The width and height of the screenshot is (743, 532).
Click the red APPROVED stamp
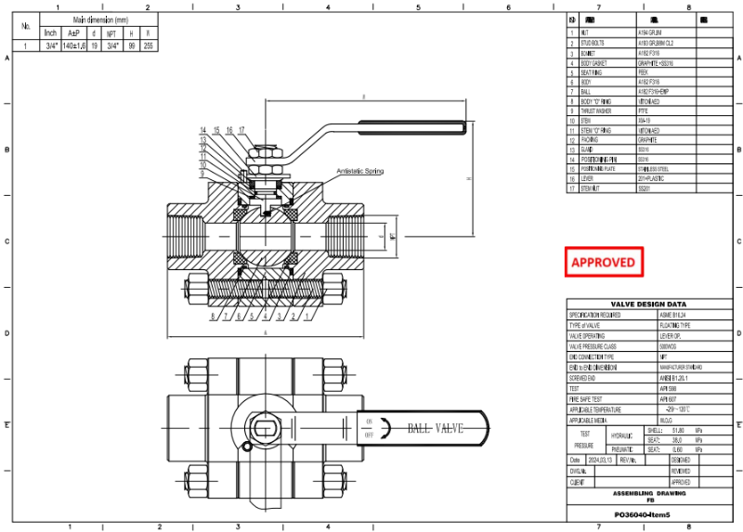coord(604,263)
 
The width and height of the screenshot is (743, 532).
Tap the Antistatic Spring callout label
coord(360,172)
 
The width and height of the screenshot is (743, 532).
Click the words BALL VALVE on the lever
coord(435,428)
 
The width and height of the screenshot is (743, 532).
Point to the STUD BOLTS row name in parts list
coord(593,43)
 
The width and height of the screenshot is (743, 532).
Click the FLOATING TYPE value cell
coord(675,325)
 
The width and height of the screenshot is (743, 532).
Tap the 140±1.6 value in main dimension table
coord(74,45)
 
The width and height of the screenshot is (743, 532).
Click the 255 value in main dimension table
coord(148,45)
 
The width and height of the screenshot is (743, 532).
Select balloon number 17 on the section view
coord(241,130)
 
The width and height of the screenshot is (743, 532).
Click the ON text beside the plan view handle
coord(369,422)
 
